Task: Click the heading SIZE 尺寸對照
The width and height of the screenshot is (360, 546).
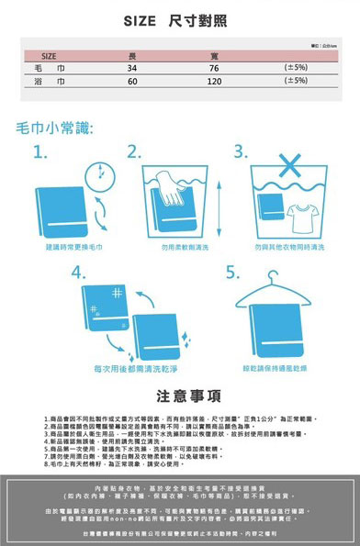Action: coord(181,20)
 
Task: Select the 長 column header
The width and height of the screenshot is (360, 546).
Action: coord(132,56)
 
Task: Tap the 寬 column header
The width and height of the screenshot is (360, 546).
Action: coord(213,56)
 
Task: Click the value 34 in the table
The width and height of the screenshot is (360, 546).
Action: coord(132,69)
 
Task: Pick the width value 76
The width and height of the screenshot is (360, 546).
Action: coord(213,69)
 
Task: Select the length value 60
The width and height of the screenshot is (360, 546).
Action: coord(132,82)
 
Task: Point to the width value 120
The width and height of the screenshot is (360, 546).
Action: coord(214,82)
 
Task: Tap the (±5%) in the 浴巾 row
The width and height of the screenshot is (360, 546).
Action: coord(295,82)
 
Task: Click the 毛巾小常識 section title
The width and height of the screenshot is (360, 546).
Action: coord(55,126)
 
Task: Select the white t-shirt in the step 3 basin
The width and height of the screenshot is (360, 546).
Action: coord(299,217)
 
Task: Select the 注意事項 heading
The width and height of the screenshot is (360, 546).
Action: coord(180,396)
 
